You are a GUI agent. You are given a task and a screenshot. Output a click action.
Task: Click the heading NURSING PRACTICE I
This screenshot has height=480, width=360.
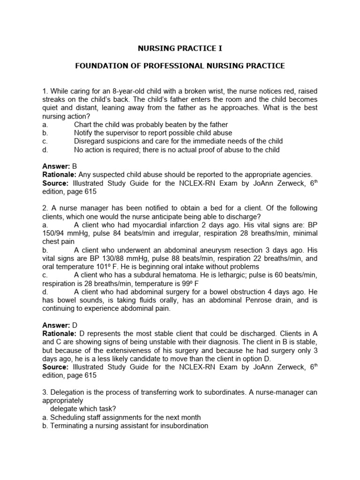click(x=180, y=48)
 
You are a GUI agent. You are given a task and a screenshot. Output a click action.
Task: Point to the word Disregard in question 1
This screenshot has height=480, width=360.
click(x=89, y=141)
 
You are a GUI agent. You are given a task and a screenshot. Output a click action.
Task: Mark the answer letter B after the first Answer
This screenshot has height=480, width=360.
click(x=74, y=166)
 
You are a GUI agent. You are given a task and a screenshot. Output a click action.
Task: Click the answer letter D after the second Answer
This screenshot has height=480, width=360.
click(x=74, y=325)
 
